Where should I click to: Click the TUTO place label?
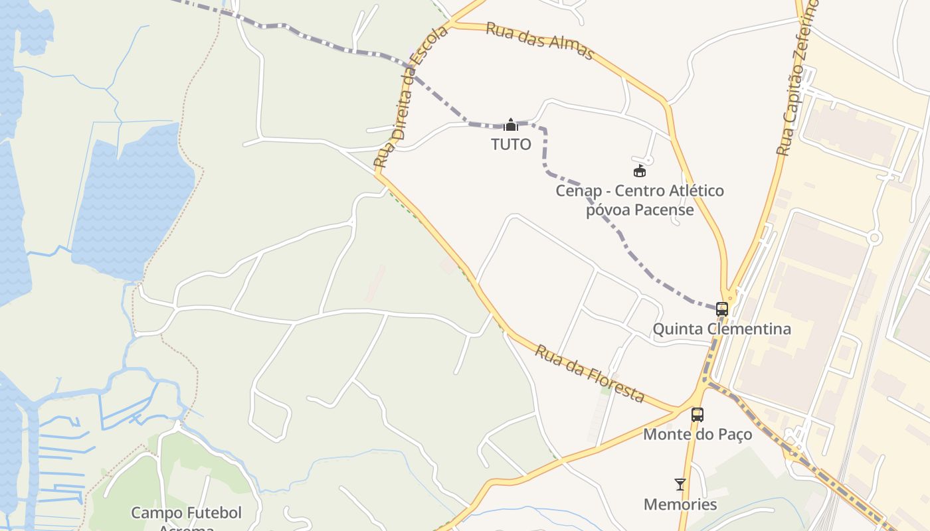pos(511,144)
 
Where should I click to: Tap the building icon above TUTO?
pos(511,124)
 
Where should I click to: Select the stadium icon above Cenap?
pos(640,171)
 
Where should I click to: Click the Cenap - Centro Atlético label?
pos(640,191)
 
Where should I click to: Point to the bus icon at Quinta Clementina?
pos(722,309)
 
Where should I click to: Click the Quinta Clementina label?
pos(721,329)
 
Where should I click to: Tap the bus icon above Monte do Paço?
pos(697,415)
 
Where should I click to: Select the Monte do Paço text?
pos(697,434)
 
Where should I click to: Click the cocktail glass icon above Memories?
pos(680,485)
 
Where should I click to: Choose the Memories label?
pos(680,504)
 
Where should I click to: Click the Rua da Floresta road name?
pos(589,374)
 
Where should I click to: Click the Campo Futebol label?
pos(186,513)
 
